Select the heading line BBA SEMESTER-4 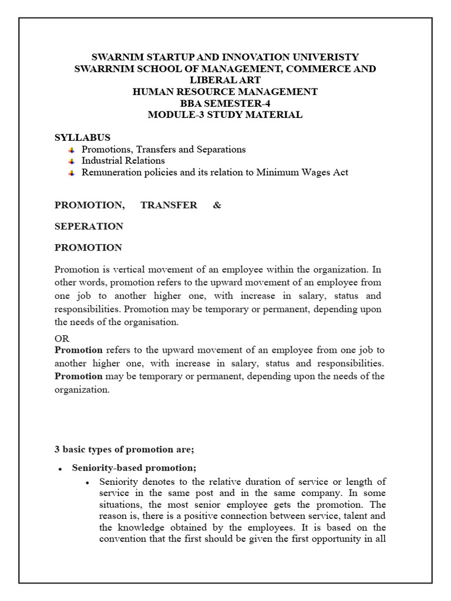click(x=225, y=103)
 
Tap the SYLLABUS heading click(x=82, y=137)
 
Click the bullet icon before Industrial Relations click(x=72, y=161)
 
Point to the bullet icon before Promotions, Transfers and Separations click(x=72, y=150)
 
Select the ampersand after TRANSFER click(x=217, y=205)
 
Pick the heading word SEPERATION click(x=89, y=226)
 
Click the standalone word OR click(x=62, y=339)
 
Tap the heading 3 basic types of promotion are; click(x=124, y=449)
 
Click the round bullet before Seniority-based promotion click(x=60, y=469)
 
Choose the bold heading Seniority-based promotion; click(x=134, y=468)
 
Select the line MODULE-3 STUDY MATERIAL click(x=225, y=114)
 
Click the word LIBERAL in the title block click(x=207, y=80)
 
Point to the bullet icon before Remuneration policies click(x=72, y=173)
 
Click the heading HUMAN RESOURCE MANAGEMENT click(x=225, y=92)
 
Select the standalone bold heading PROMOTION click(x=88, y=247)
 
